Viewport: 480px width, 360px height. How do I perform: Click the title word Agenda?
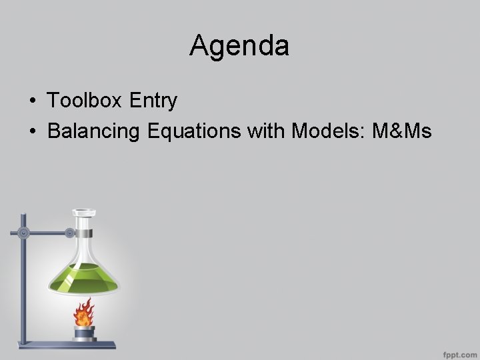(239, 46)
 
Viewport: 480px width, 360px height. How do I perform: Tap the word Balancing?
(93, 132)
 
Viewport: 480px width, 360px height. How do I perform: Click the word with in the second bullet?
(267, 132)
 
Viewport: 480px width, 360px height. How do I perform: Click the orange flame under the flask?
(83, 311)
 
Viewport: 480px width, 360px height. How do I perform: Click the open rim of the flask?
(83, 213)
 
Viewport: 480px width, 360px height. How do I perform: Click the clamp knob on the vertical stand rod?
(24, 233)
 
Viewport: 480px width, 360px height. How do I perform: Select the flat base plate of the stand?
(63, 345)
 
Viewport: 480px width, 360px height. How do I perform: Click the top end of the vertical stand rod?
(23, 215)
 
